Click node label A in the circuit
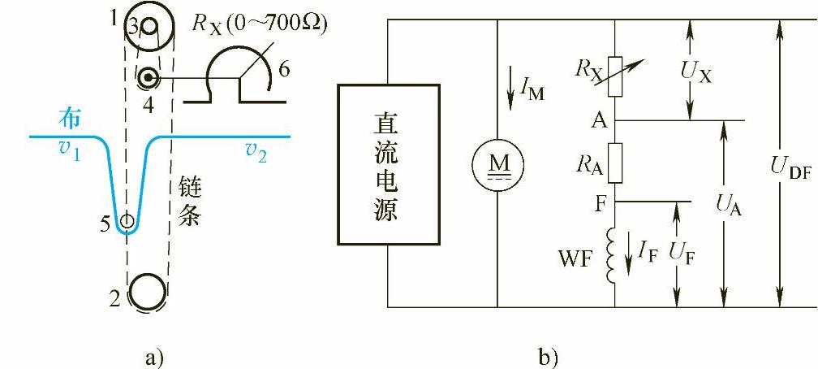(x=599, y=121)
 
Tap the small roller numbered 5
(x=127, y=220)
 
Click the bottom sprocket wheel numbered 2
(x=147, y=290)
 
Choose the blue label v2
(x=258, y=150)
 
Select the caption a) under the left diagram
(x=153, y=356)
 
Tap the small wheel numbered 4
(x=148, y=78)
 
